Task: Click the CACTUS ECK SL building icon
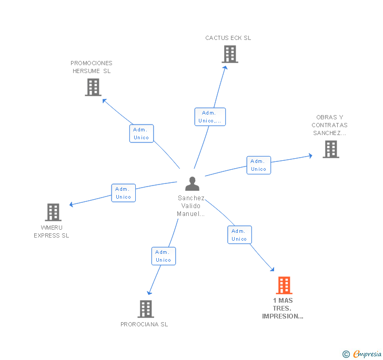click(229, 54)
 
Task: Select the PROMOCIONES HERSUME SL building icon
click(93, 87)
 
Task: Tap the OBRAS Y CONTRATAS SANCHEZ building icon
click(330, 149)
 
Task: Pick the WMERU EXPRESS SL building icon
click(53, 212)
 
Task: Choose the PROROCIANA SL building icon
click(146, 309)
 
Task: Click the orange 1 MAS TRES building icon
click(284, 285)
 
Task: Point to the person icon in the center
click(192, 184)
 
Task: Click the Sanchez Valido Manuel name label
click(191, 206)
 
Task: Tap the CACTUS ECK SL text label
click(228, 38)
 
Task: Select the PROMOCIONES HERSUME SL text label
click(92, 67)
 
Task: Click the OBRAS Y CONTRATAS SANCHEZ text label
click(329, 125)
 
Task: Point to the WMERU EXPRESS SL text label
click(52, 231)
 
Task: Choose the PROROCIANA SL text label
click(144, 324)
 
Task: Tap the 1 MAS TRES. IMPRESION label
click(283, 308)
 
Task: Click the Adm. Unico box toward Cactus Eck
click(210, 117)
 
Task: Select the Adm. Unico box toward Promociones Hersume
click(141, 133)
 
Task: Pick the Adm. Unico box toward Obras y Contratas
click(258, 165)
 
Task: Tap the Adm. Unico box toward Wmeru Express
click(123, 193)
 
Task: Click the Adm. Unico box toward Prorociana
click(163, 256)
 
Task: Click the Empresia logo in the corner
click(362, 354)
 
